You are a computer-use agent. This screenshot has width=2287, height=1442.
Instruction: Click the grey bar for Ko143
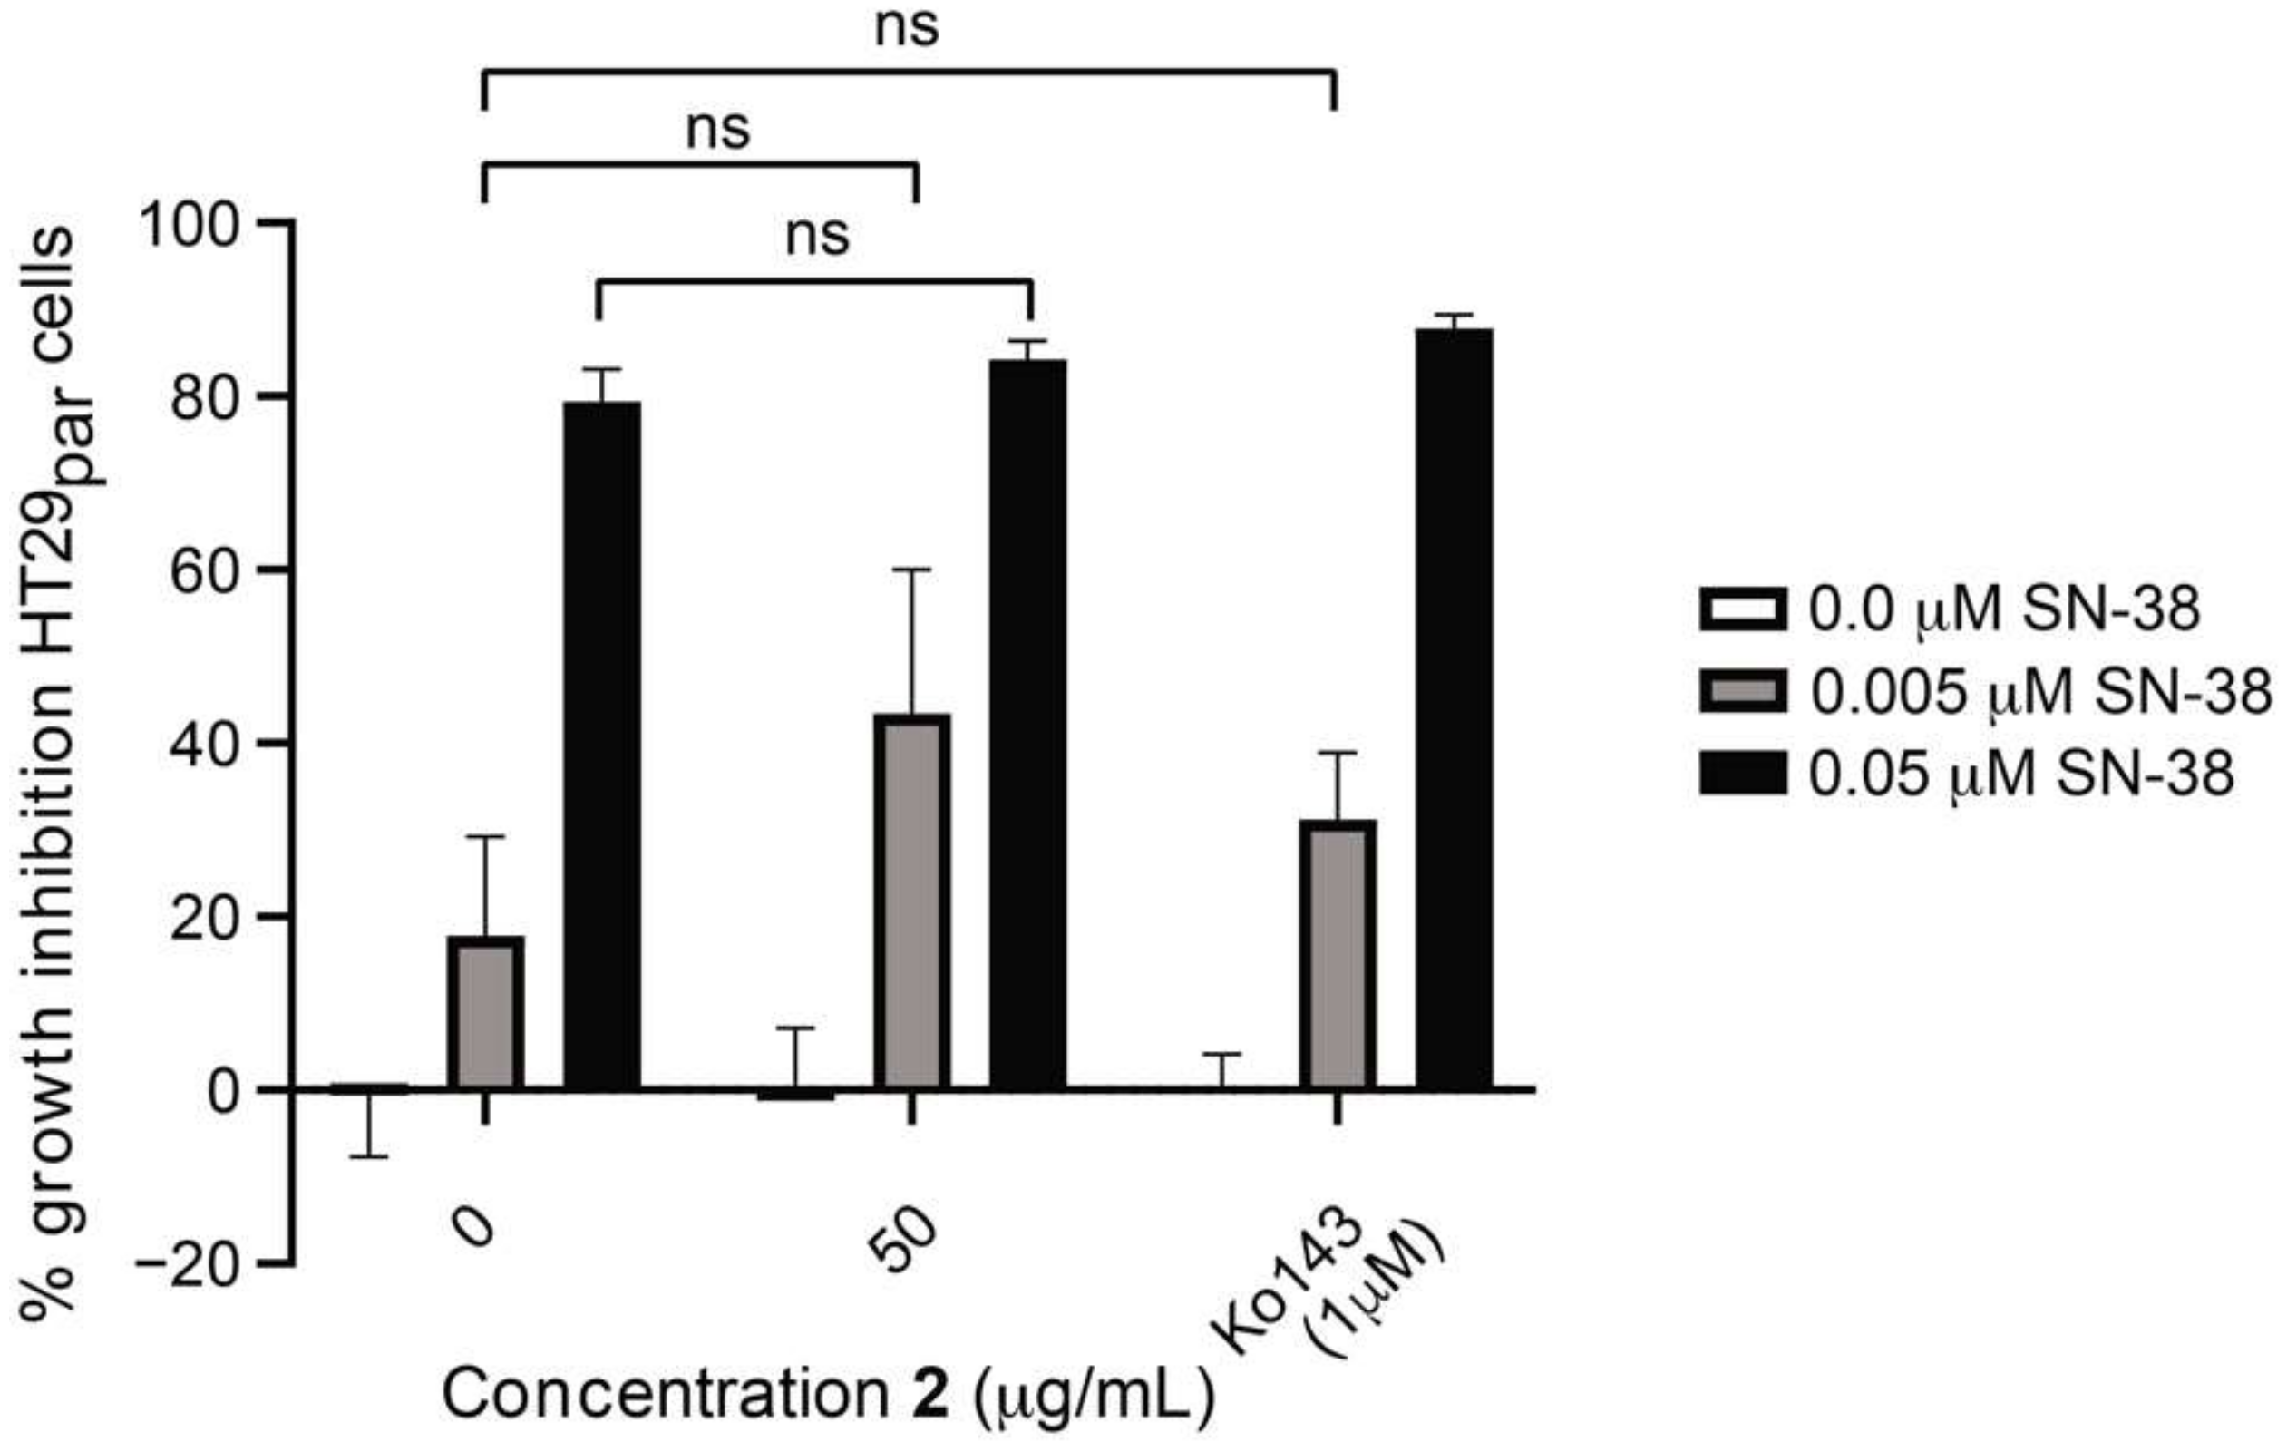1338,954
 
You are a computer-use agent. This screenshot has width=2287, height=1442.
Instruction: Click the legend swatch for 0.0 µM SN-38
1742,609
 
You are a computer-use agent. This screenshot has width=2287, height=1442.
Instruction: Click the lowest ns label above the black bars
817,236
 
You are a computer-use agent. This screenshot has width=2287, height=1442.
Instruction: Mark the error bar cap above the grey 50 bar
911,570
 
